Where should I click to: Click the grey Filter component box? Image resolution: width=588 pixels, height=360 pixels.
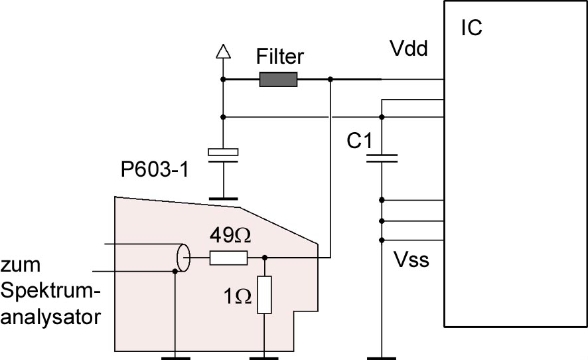coord(278,79)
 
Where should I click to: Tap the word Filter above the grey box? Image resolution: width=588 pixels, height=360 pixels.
coord(280,56)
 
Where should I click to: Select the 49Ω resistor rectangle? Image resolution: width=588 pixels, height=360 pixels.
coord(228,258)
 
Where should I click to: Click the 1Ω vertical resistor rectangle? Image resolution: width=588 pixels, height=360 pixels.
coord(264,295)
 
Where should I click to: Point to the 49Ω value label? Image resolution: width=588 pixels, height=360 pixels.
coord(230,235)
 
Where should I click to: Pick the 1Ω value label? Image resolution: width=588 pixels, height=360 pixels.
coord(238,297)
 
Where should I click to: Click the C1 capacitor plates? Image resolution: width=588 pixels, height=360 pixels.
coord(382,159)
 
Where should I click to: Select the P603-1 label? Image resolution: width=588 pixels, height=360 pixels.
coord(155,169)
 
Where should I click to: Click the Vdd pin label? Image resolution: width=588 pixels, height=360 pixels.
coord(409,48)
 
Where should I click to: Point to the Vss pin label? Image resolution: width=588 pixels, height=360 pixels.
coord(411,260)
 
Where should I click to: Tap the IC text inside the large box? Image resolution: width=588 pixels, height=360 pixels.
coord(471,28)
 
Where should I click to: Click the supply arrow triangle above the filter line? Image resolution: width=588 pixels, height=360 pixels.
coord(223,51)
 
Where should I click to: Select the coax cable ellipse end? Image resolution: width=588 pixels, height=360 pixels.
coord(183,258)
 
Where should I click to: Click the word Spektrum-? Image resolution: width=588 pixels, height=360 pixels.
coord(51,292)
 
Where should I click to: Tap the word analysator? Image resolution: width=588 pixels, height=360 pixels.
coord(50,317)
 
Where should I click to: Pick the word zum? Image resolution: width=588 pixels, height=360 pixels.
coord(21,265)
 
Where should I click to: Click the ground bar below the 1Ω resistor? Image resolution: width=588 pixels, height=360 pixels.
coord(264,358)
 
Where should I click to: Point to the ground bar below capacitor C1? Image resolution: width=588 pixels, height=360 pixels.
coord(382,358)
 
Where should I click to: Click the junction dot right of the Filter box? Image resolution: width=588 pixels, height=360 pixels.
coord(331,79)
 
